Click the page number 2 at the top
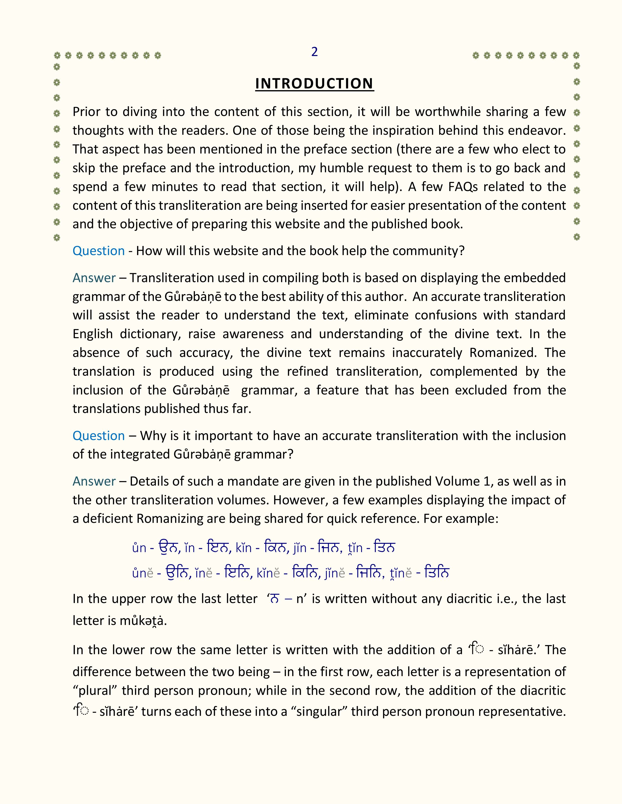pyautogui.click(x=314, y=52)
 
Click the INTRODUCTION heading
pyautogui.click(x=314, y=84)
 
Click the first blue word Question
pyautogui.click(x=98, y=251)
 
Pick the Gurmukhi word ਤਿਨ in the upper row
pyautogui.click(x=384, y=547)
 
